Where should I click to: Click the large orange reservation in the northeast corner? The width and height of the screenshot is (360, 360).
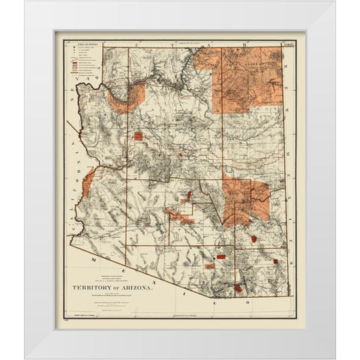(248, 79)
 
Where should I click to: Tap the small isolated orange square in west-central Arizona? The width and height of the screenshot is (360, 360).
(138, 136)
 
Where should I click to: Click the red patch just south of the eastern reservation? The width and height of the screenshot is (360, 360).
(254, 238)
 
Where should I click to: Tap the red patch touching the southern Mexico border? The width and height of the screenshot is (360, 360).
(238, 288)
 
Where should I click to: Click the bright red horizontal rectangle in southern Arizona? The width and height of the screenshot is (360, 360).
(211, 265)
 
